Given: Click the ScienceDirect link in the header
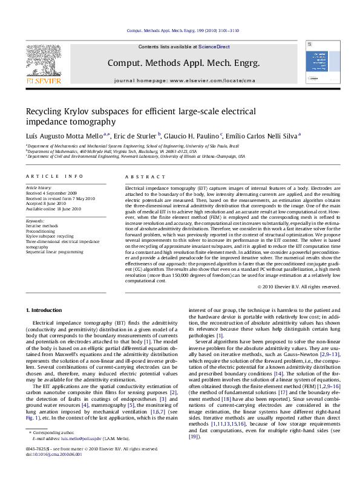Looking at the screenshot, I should [x=211, y=47].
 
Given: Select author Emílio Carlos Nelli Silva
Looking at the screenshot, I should [x=262, y=136].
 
